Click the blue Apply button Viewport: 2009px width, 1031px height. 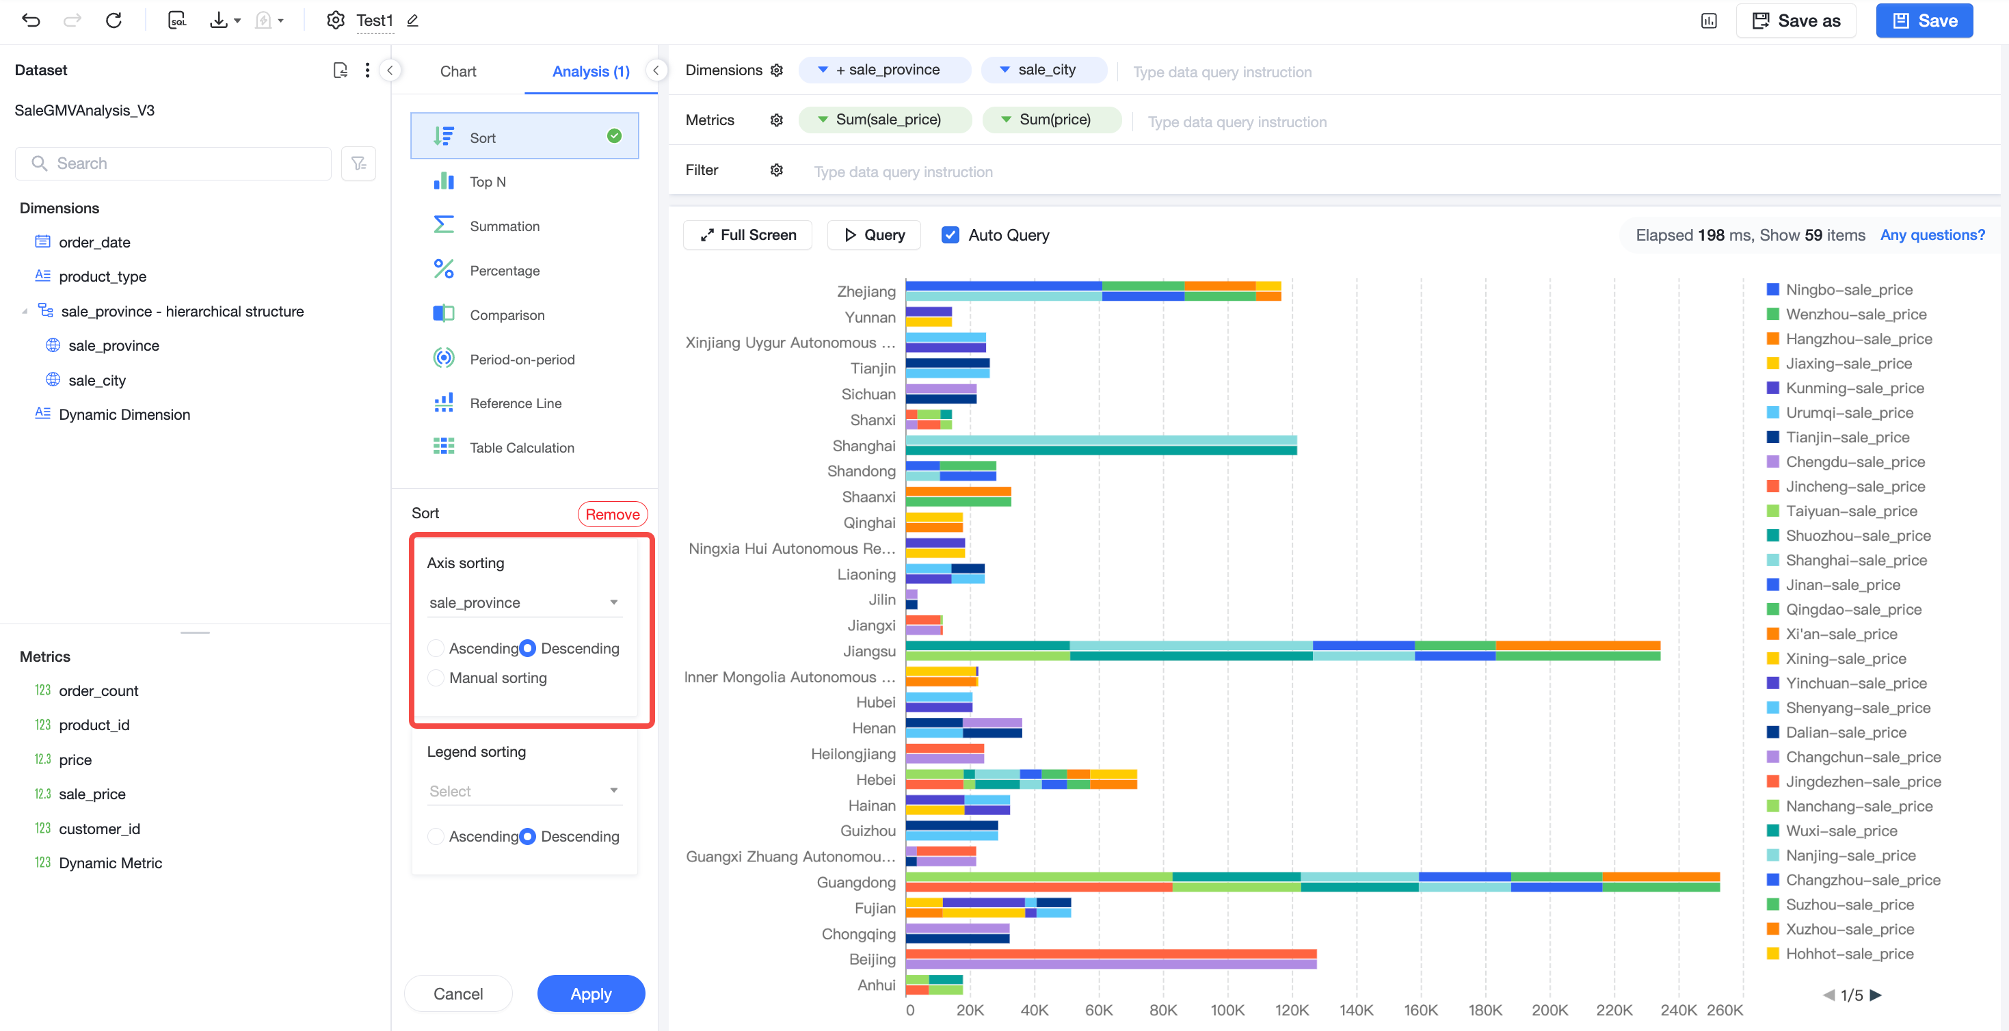pos(590,993)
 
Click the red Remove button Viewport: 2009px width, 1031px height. pos(612,514)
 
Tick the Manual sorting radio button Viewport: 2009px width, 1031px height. pos(436,678)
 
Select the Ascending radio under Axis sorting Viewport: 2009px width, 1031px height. pos(436,648)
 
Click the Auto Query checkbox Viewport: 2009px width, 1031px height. pos(950,235)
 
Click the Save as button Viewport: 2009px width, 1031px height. pos(1795,21)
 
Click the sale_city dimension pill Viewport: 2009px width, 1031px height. pos(1043,70)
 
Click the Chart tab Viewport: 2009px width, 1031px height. pos(457,71)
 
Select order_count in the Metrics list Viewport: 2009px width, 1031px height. pos(98,691)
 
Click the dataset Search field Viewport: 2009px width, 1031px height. pos(173,163)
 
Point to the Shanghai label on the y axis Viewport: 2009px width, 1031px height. pos(864,445)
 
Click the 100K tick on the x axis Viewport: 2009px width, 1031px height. pos(1227,1010)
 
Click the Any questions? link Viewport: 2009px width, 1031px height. pos(1932,235)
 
